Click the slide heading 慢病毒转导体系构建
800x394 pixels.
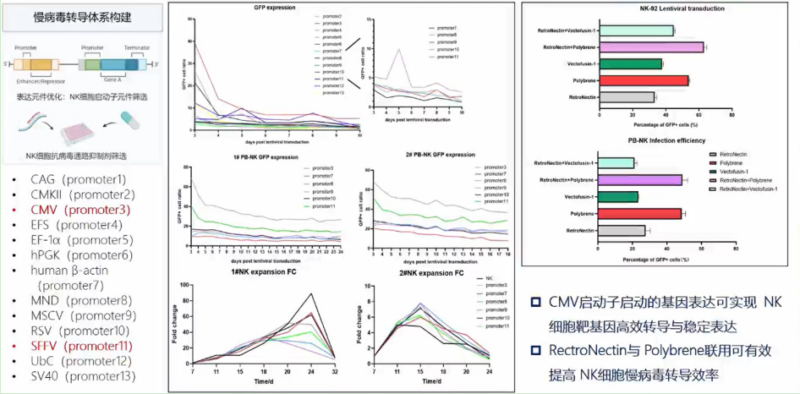[x=81, y=18]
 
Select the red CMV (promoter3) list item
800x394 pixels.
[x=80, y=210]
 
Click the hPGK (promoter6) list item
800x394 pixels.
[x=81, y=254]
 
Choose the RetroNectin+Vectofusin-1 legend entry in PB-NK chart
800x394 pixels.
[x=749, y=189]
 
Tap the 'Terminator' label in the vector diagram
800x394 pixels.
[x=137, y=49]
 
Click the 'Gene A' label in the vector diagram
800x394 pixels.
[x=112, y=74]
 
